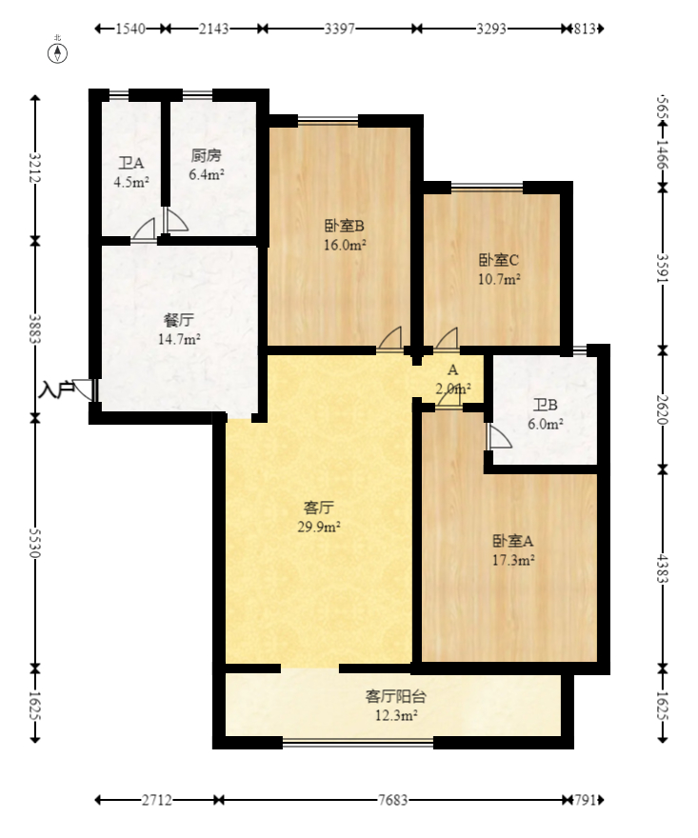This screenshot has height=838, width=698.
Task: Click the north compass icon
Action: tap(58, 51)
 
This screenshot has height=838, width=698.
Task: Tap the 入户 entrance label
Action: tap(55, 389)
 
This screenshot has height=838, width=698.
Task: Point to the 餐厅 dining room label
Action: tap(178, 321)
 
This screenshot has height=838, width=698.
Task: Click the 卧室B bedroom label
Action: tap(345, 226)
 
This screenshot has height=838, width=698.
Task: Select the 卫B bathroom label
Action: tap(545, 404)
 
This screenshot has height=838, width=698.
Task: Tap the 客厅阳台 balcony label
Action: tap(392, 696)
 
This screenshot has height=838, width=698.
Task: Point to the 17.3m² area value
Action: tap(512, 561)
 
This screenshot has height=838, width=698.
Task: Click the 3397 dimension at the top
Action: tap(340, 29)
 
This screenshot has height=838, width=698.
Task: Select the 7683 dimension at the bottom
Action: tap(391, 800)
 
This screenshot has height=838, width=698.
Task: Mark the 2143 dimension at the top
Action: tap(214, 29)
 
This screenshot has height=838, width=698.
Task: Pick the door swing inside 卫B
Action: tap(497, 436)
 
